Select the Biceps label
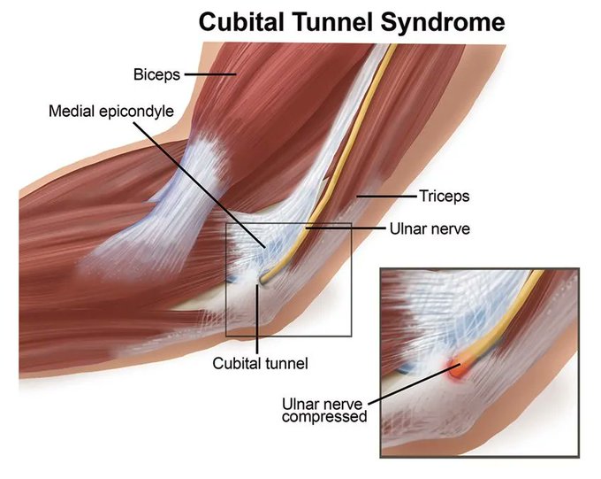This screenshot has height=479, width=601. pyautogui.click(x=156, y=75)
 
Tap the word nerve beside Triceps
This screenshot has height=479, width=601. pyautogui.click(x=450, y=228)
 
